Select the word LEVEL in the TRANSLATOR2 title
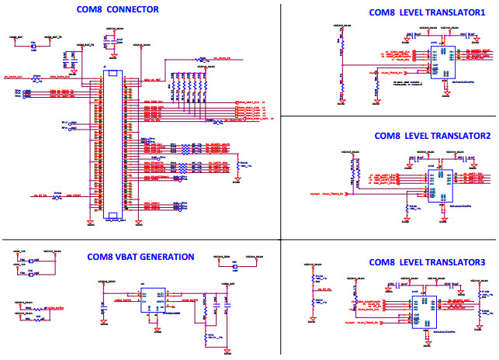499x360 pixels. pyautogui.click(x=418, y=135)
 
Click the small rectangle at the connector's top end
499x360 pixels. pyautogui.click(x=113, y=74)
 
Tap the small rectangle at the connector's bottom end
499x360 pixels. pyautogui.click(x=113, y=216)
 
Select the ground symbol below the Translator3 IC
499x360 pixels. pyautogui.click(x=425, y=337)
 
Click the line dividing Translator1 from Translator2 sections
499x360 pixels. pyautogui.click(x=388, y=116)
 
